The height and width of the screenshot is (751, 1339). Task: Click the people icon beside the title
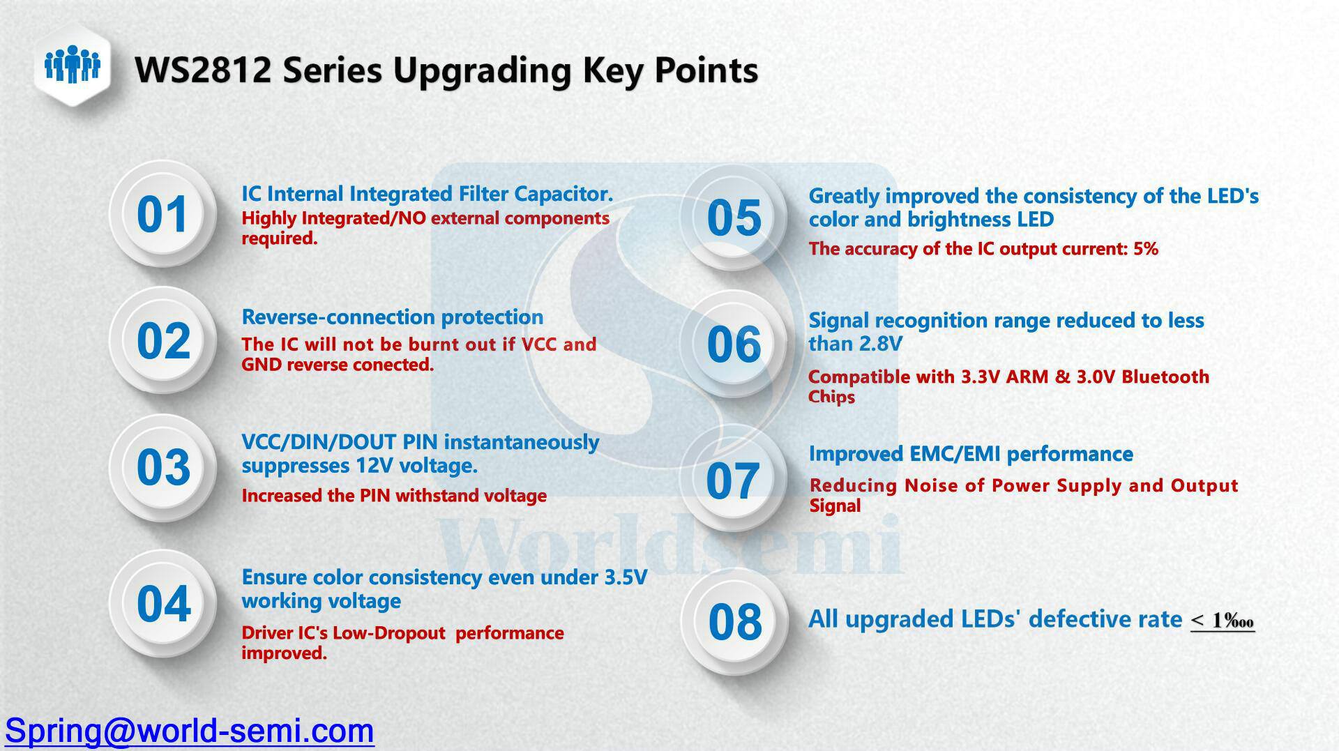coord(73,65)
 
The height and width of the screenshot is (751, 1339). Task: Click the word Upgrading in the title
coord(482,71)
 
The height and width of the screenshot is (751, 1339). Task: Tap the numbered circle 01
coord(163,213)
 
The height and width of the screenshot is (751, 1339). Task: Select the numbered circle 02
coord(163,340)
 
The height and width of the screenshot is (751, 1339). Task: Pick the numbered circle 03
coord(163,466)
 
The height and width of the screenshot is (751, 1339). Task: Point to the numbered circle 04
coord(163,603)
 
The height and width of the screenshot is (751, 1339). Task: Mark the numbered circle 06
coord(734,344)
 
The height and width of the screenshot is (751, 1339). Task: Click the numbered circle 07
coord(734,480)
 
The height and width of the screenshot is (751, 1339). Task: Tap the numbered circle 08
coord(735,621)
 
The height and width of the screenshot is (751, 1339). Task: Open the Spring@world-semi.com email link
coord(190,730)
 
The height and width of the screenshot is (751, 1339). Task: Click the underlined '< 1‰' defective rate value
coord(1223,620)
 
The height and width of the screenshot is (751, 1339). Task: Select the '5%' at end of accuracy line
coord(1145,249)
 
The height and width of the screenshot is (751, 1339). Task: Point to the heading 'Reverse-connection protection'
coord(393,317)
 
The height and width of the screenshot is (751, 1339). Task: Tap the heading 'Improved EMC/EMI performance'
coord(971,454)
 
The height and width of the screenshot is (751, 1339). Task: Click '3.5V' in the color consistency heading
coord(626,577)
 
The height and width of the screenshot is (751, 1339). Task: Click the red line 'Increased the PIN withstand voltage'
coord(394,496)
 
